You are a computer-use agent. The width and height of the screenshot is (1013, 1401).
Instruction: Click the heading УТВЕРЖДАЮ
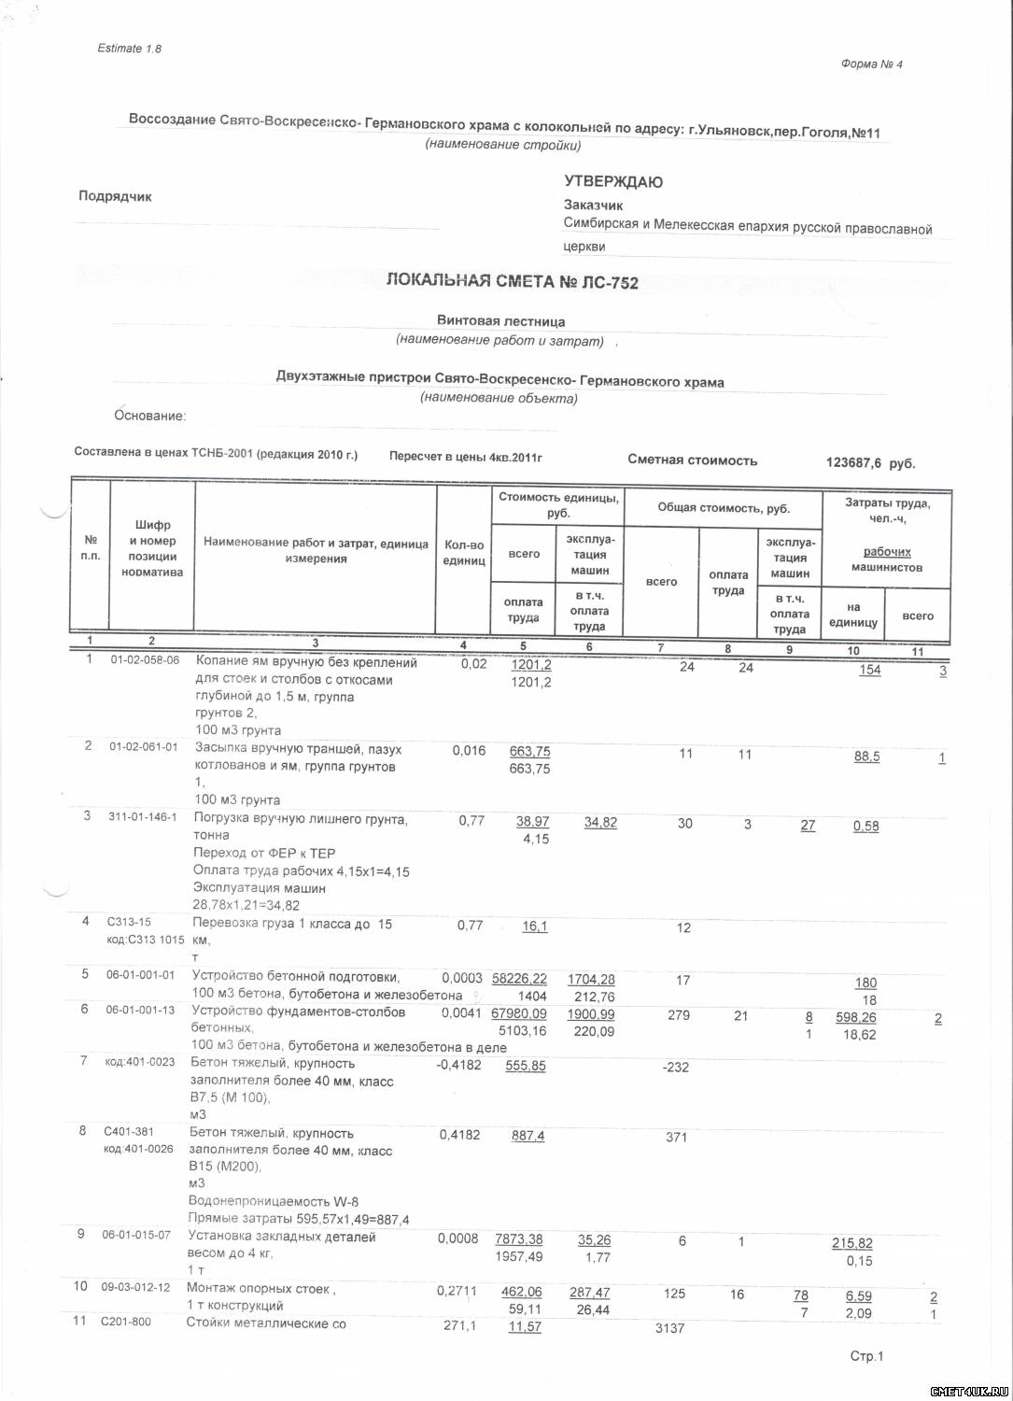pos(613,182)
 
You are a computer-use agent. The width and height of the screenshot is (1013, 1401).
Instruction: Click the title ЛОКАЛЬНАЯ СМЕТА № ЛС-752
pos(512,281)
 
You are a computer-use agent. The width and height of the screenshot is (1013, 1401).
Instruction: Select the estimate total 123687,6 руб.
pos(870,462)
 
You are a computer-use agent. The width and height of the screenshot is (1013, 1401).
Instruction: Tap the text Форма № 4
pos(871,64)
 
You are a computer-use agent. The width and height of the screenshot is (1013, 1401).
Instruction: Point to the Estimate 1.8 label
pos(129,49)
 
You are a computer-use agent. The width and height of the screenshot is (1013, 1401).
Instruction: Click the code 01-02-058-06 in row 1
pos(144,660)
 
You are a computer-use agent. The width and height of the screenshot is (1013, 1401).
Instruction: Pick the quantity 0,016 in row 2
pos(469,750)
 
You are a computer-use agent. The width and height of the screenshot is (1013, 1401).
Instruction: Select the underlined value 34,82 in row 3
pos(600,822)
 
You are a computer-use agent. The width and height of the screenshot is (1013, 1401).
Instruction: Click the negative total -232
pos(674,1067)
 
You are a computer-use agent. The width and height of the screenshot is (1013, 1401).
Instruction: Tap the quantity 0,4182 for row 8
pos(460,1135)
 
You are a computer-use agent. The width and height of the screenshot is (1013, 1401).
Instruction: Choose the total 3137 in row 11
pos(670,1328)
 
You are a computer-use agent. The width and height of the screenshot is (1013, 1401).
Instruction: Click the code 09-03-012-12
pos(135,1287)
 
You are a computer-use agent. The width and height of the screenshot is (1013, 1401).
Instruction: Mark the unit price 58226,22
pos(519,979)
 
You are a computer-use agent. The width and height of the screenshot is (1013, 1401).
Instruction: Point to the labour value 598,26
pos(856,1017)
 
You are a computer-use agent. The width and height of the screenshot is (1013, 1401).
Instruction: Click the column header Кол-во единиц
pos(464,553)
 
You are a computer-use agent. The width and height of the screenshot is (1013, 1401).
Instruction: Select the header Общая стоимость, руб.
pos(723,508)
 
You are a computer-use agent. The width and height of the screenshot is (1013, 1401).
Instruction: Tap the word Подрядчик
pos(115,197)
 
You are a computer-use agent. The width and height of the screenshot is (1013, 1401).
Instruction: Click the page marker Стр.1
pos(865,1356)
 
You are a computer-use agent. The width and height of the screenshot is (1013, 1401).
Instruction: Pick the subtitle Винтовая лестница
pos(500,321)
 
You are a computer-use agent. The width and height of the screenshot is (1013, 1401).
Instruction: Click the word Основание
pos(149,416)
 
